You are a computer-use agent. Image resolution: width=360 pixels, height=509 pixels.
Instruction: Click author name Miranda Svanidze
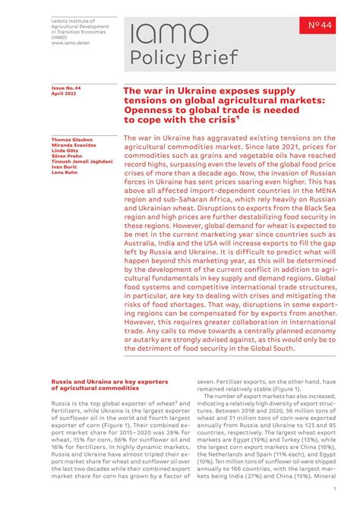tap(73, 147)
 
